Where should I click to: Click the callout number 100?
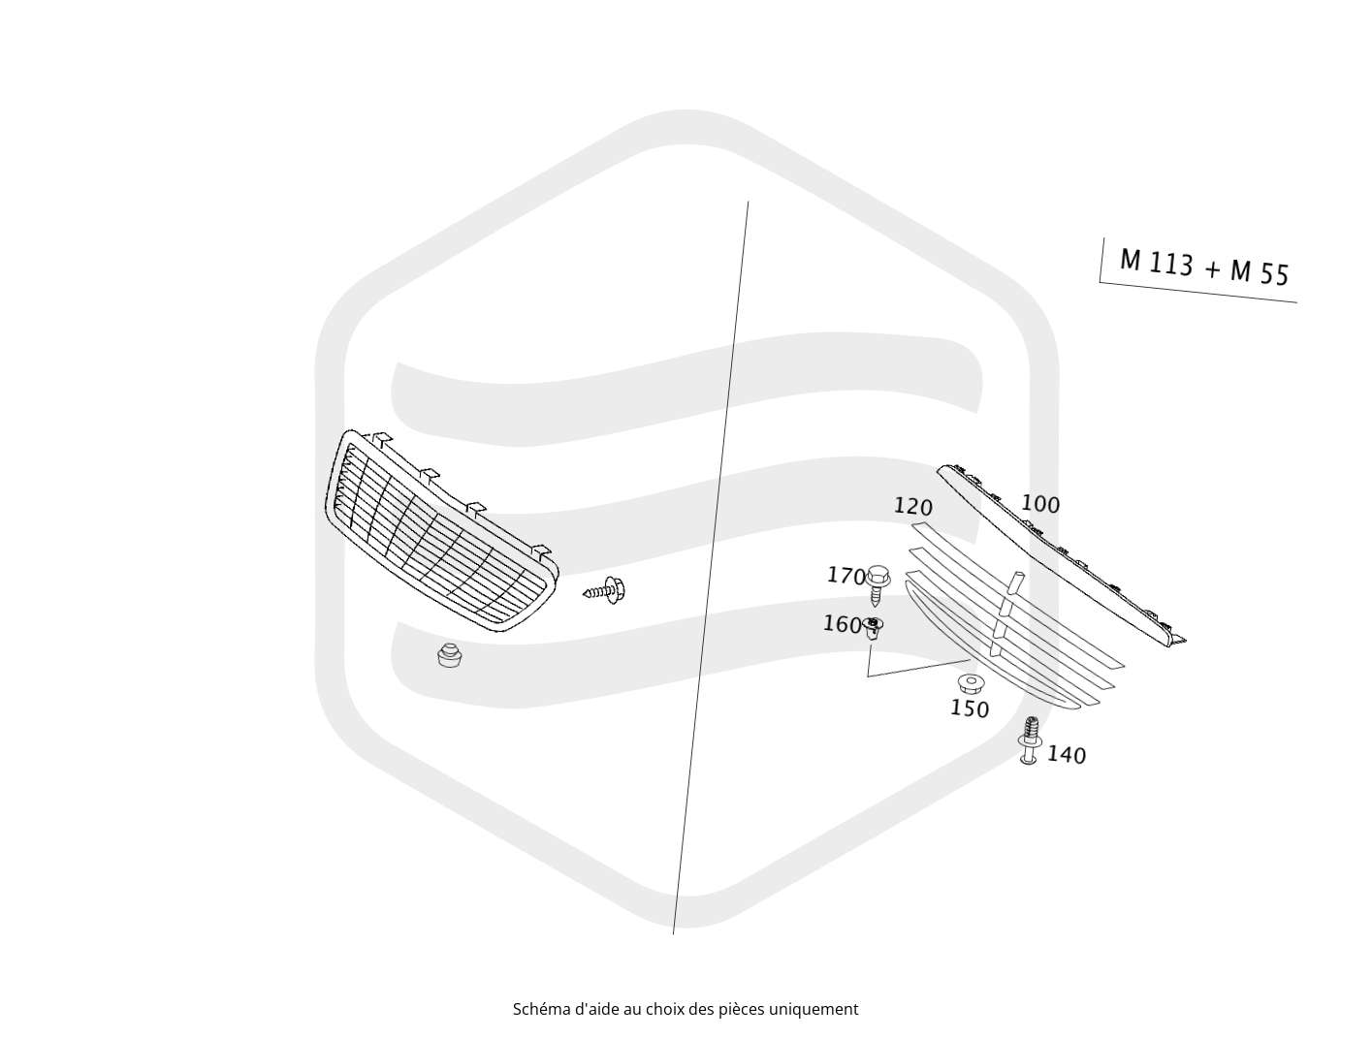pyautogui.click(x=1040, y=504)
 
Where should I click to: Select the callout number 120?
pyautogui.click(x=912, y=506)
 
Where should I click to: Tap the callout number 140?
pyautogui.click(x=1067, y=755)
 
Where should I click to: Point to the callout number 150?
pyautogui.click(x=970, y=708)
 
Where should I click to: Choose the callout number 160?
pyautogui.click(x=842, y=624)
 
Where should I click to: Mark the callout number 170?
pyautogui.click(x=846, y=575)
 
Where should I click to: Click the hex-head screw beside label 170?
pyautogui.click(x=878, y=584)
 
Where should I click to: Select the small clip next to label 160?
pyautogui.click(x=874, y=628)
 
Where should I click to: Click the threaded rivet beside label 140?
pyautogui.click(x=1029, y=740)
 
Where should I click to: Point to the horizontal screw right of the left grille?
pyautogui.click(x=604, y=590)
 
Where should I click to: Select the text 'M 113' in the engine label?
pyautogui.click(x=1157, y=263)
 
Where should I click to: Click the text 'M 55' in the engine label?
pyautogui.click(x=1260, y=272)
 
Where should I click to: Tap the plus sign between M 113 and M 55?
pyautogui.click(x=1212, y=269)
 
